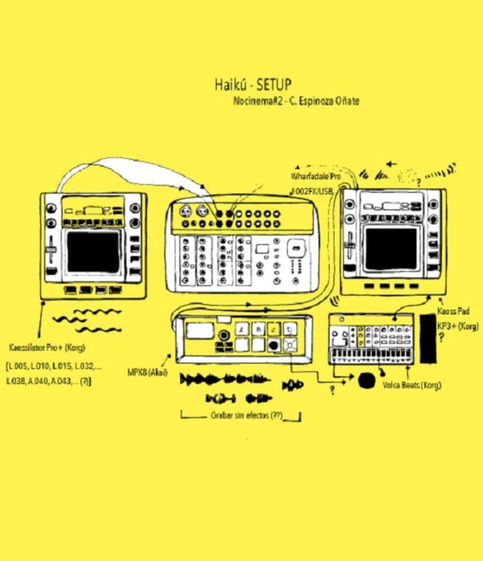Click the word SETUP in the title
(274, 85)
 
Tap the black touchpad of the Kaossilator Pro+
(93, 252)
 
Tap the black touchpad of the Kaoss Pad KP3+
(391, 249)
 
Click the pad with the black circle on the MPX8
(274, 345)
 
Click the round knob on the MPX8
(224, 336)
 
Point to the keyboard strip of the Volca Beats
(370, 356)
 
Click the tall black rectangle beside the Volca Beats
(428, 338)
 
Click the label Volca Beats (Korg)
(412, 385)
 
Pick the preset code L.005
(18, 365)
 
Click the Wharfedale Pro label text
(315, 176)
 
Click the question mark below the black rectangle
(441, 337)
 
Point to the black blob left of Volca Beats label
(367, 380)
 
